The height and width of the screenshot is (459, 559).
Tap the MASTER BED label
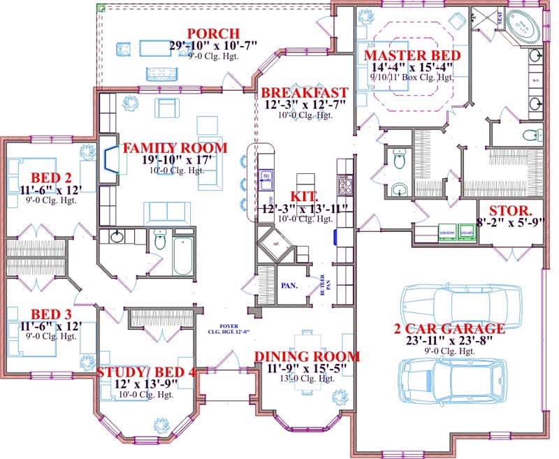412,55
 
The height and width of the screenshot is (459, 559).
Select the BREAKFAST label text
304,93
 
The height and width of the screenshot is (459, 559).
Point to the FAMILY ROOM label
175,148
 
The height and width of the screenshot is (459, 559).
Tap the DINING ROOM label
307,357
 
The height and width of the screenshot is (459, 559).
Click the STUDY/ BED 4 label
146,372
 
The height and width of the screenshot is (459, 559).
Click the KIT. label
305,196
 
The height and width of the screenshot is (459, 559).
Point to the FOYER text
228,325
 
